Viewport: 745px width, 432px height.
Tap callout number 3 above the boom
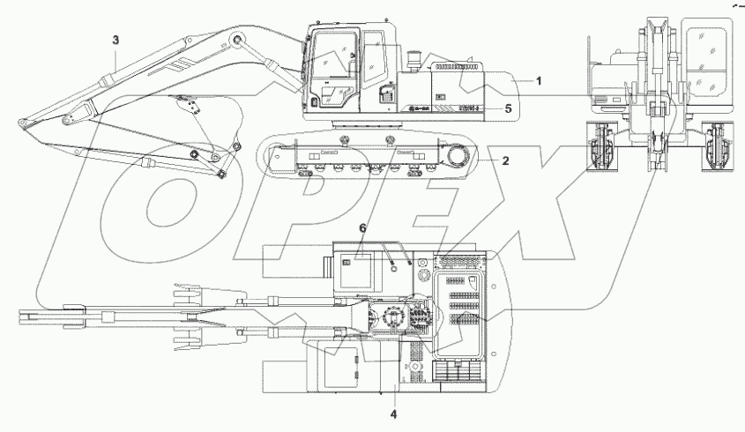[x=115, y=40]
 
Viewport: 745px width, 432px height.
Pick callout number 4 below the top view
[x=393, y=412]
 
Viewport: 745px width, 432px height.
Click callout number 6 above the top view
[x=361, y=228]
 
